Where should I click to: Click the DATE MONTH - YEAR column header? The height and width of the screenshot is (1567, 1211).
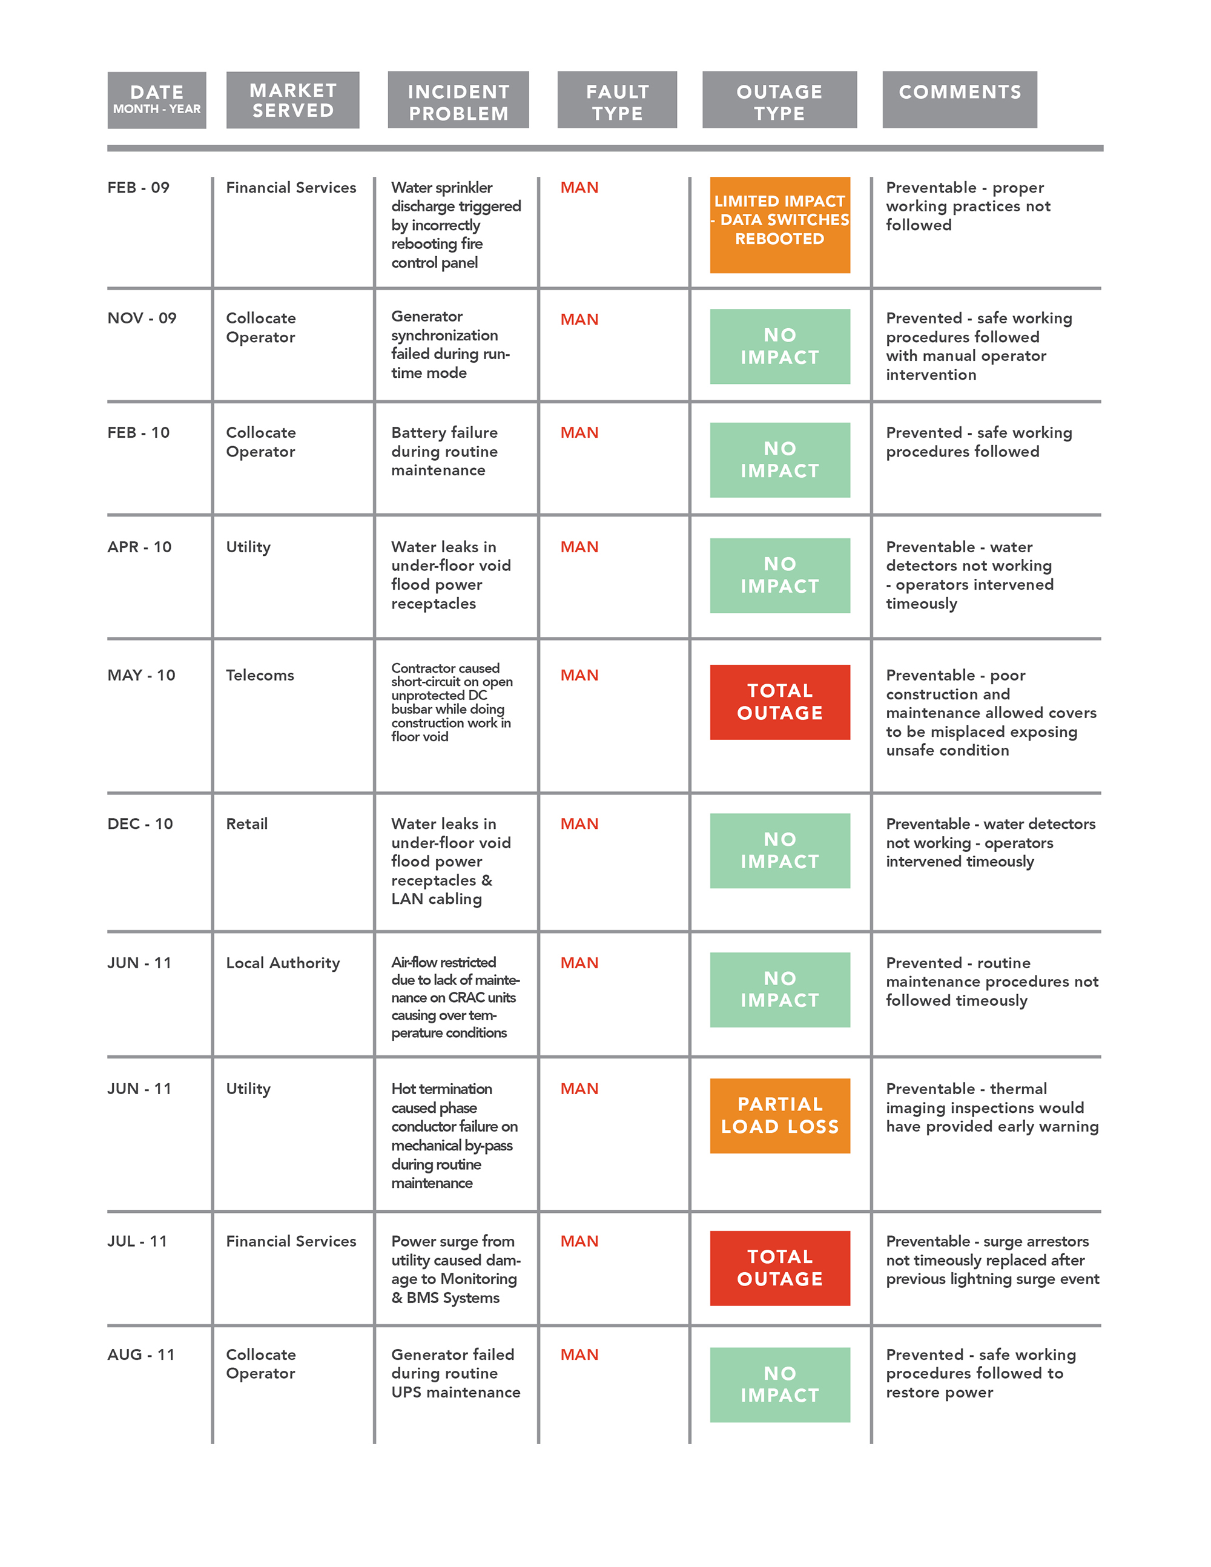(156, 101)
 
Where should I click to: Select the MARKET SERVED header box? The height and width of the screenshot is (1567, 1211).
(292, 100)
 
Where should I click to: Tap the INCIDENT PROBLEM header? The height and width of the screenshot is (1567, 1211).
(458, 100)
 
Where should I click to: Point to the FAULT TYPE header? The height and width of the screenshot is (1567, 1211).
(617, 100)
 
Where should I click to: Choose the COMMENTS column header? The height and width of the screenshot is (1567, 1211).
(960, 100)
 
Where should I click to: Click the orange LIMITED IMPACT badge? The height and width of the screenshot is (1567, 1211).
(780, 225)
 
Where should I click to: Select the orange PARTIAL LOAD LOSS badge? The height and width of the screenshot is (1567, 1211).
(780, 1117)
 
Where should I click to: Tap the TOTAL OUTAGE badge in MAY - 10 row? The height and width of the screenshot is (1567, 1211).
(780, 702)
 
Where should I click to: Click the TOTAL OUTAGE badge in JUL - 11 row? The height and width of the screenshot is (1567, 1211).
(780, 1268)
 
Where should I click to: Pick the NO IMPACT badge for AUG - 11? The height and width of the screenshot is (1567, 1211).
(780, 1385)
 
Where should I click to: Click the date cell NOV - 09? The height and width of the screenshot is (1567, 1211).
(142, 318)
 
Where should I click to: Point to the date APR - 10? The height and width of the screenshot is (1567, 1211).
(140, 547)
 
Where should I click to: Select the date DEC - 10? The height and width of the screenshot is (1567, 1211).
(140, 823)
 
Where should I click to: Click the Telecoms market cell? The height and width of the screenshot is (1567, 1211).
(260, 675)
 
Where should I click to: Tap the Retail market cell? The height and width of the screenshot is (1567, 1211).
(247, 823)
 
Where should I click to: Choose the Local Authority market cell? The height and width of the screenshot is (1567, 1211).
(283, 963)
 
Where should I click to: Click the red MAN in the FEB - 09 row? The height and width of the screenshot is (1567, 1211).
(579, 188)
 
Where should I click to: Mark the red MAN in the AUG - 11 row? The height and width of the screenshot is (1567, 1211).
(579, 1354)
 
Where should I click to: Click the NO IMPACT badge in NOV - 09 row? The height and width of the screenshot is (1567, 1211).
(780, 346)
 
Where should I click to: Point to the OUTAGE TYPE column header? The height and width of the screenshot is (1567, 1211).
(780, 100)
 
